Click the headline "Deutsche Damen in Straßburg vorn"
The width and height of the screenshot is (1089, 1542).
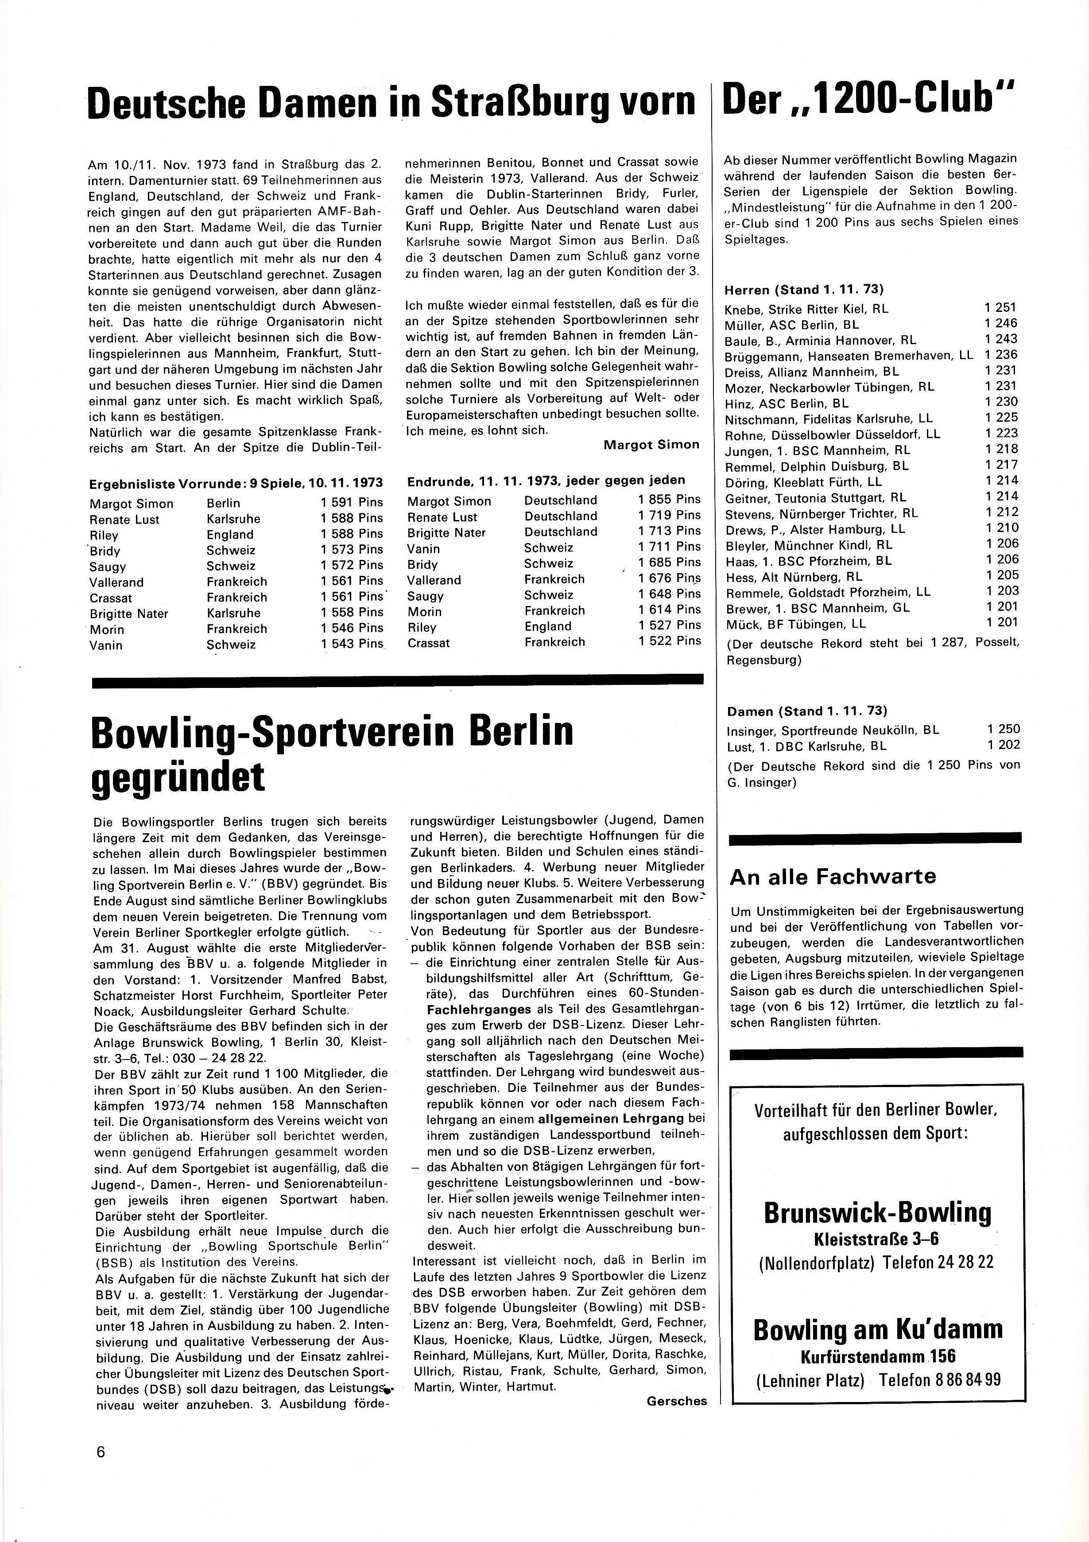[391, 102]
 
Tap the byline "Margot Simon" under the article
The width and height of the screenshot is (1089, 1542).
[651, 445]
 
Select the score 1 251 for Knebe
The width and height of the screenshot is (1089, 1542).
[1000, 307]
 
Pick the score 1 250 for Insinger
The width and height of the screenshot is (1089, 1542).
[1003, 729]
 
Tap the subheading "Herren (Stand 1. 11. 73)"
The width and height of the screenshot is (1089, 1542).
[804, 290]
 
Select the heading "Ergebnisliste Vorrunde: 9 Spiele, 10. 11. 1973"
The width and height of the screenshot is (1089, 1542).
[236, 483]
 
